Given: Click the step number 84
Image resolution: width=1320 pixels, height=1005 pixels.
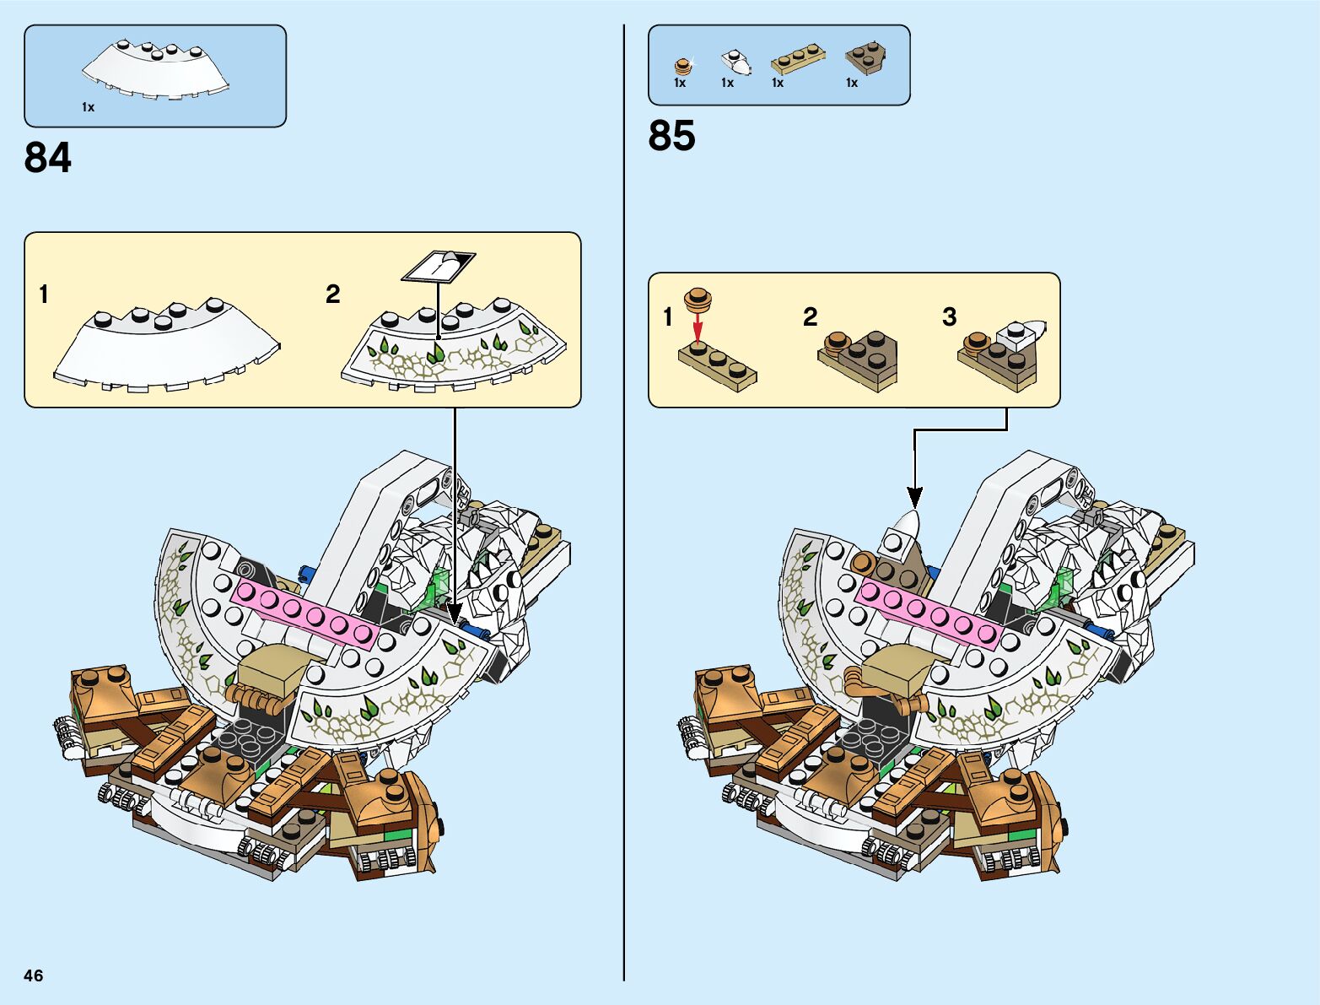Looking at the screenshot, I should click(x=48, y=158).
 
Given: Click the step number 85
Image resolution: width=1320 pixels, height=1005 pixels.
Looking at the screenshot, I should click(x=671, y=135).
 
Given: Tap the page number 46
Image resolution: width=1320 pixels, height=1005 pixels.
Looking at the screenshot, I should click(x=33, y=975).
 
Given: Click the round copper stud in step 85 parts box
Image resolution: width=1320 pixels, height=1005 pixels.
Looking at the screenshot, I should click(x=682, y=65).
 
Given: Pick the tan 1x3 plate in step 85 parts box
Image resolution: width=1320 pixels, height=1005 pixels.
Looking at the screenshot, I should click(x=797, y=59).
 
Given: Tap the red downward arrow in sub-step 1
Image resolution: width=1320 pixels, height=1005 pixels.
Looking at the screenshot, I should click(x=698, y=326).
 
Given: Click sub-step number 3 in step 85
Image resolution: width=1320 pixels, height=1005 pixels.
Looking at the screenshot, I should click(x=949, y=316).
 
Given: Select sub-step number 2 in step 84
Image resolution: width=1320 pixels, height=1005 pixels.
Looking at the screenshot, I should click(x=332, y=294).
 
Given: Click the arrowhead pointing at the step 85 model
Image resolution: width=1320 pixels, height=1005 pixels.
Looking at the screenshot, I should click(x=914, y=497).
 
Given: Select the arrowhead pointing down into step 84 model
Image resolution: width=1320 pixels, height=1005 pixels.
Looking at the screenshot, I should click(x=455, y=613).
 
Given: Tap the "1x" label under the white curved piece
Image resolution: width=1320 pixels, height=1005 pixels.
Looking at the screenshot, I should click(x=88, y=107).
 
